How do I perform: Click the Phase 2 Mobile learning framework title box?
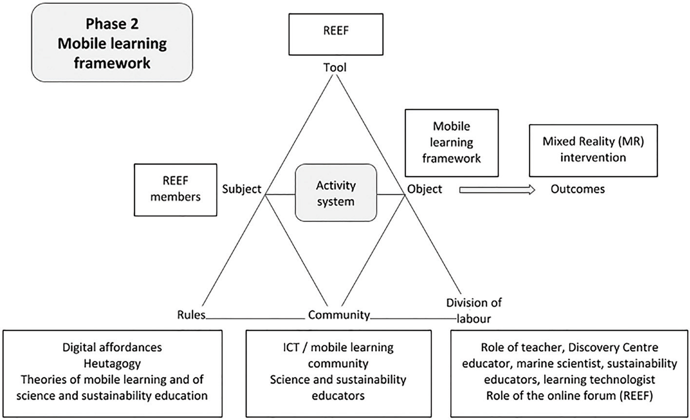coord(112,42)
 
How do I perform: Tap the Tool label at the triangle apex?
coord(335,68)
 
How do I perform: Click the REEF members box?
coord(175,189)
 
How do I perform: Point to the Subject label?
coord(242,189)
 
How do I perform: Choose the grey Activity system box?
coord(336,193)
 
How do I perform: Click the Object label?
coord(424,189)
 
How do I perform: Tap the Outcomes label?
coord(577,189)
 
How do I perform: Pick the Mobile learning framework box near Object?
coord(451,142)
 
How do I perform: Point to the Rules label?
coord(191,315)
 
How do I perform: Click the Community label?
coord(339,315)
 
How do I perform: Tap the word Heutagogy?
coord(112,363)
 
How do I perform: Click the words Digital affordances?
coord(112,347)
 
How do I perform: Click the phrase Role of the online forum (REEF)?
coord(569,395)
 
